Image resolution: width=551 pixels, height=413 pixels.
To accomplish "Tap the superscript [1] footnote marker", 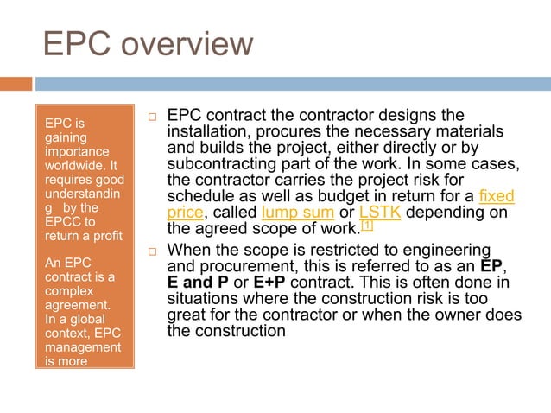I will [366, 226].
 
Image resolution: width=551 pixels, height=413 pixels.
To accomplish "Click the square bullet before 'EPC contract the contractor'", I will [151, 117].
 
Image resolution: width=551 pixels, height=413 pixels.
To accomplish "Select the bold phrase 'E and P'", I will [196, 283].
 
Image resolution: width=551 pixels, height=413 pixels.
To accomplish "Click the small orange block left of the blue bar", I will [16, 84].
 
